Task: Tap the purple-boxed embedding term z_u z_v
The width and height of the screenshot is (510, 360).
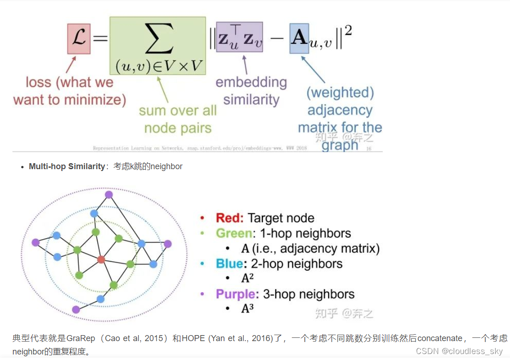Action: [x=239, y=37]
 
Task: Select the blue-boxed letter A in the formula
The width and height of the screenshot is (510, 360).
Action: [x=299, y=37]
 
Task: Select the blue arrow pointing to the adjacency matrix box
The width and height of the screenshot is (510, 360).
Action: [x=313, y=69]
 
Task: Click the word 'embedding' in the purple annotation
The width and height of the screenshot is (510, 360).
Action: [x=251, y=83]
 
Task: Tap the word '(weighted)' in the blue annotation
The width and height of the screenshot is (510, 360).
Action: [x=340, y=93]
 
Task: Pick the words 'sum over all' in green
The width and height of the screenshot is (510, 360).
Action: [x=178, y=112]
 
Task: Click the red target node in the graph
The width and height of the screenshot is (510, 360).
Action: [x=101, y=260]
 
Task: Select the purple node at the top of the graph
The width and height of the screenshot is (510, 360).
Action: [x=109, y=195]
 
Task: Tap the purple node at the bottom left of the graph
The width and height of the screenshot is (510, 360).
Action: [x=76, y=309]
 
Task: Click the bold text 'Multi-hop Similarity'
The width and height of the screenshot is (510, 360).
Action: [x=67, y=166]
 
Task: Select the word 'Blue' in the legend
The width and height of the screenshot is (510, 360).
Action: [x=229, y=264]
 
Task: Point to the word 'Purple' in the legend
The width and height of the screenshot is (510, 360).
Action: [x=235, y=294]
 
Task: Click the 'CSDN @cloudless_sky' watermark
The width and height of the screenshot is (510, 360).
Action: [x=459, y=351]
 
